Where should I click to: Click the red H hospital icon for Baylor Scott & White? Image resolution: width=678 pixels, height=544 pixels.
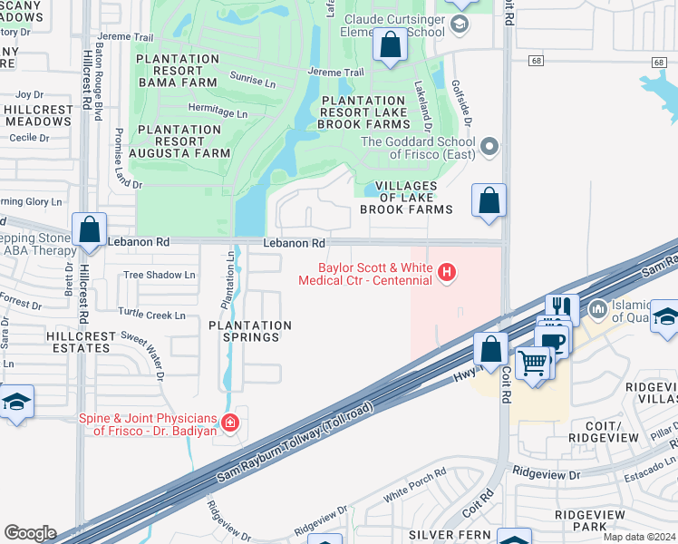[x=446, y=272]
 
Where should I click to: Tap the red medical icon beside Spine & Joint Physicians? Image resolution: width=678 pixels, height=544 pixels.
[x=230, y=422]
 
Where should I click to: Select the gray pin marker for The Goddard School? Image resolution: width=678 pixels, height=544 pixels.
[x=490, y=146]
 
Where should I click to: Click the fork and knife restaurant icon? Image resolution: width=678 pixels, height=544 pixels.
[x=562, y=308]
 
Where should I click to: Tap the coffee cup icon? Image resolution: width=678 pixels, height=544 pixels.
[x=551, y=341]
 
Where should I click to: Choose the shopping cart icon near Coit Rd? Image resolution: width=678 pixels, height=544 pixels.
[x=532, y=364]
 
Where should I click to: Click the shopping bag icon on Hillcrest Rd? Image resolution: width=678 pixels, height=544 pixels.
[x=90, y=229]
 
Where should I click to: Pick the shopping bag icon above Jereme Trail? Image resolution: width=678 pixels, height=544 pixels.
[x=391, y=44]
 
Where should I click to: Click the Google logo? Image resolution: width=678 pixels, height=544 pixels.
[x=30, y=533]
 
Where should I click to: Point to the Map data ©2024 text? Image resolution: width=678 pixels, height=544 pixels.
[x=638, y=537]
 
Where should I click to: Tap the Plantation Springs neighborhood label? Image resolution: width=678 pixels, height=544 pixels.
[x=251, y=331]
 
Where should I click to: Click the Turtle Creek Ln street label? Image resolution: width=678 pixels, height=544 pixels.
[x=152, y=316]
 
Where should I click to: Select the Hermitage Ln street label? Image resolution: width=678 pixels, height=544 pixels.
[x=218, y=114]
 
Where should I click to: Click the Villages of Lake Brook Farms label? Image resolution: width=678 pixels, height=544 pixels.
[x=406, y=198]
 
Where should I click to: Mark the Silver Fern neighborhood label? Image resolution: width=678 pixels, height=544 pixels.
[x=441, y=535]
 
